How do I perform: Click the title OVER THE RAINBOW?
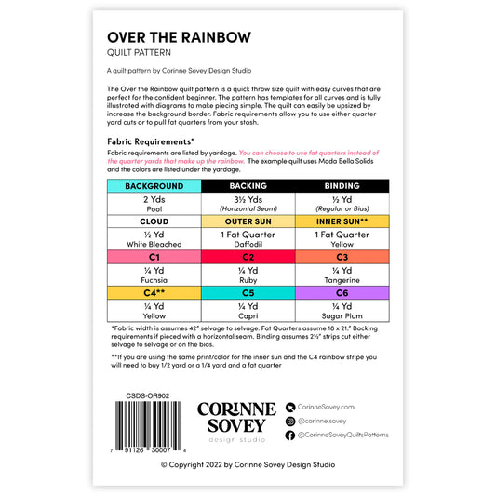[179, 37]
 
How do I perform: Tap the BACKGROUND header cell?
[154, 186]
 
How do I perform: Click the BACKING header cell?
[248, 186]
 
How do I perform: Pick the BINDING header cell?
[342, 186]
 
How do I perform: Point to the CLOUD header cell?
[154, 221]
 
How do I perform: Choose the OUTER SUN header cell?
[248, 221]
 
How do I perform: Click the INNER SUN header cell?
[342, 221]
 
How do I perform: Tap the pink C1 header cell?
[154, 257]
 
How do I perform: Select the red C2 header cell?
[248, 257]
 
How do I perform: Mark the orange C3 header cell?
[342, 257]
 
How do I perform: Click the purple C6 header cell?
[342, 292]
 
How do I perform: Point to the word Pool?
[154, 209]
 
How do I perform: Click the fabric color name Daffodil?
[248, 245]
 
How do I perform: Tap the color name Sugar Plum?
[342, 315]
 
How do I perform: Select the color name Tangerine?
[342, 280]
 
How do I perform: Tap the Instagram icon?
[290, 421]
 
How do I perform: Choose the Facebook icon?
[290, 435]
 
